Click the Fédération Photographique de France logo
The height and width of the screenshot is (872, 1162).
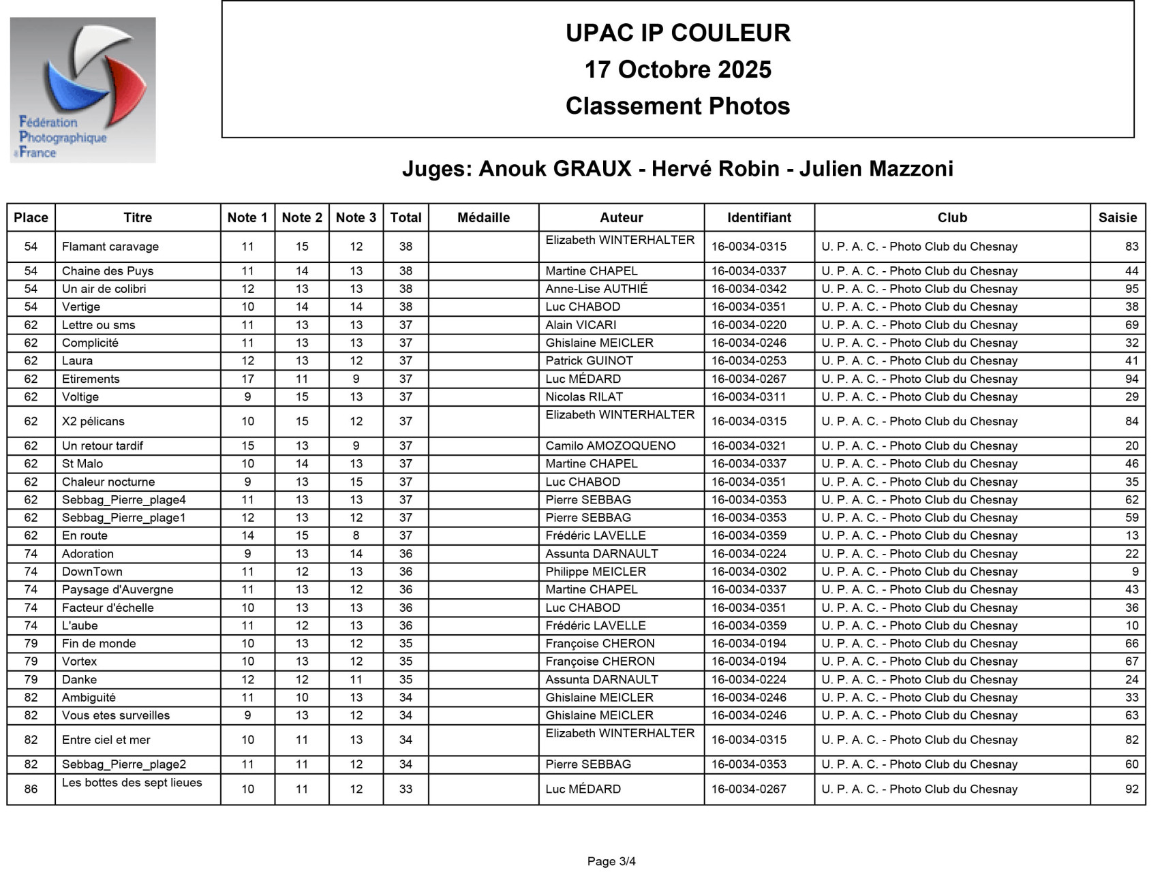coord(82,90)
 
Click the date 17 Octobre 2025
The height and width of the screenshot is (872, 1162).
coord(677,69)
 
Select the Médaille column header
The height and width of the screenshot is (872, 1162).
coord(483,217)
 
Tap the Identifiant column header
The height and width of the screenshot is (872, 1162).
coord(759,217)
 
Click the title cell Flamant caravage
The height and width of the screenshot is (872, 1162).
coord(110,247)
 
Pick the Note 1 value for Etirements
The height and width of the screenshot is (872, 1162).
coord(247,379)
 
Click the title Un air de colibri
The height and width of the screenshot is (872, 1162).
coord(104,289)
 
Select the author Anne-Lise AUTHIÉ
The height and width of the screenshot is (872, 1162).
coord(596,289)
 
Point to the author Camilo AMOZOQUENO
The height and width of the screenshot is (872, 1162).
coord(610,446)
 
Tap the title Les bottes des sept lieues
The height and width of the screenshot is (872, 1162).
coord(132,783)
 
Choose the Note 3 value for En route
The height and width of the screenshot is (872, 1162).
coord(356,535)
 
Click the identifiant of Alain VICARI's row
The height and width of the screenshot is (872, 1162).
coord(748,325)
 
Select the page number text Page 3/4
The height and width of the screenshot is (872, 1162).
coord(611,861)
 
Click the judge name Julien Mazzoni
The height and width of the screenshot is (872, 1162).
coord(876,168)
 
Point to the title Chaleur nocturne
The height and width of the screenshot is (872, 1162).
coord(108,482)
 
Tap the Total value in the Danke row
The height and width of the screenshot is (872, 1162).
coord(406,679)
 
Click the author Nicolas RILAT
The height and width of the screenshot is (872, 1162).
coord(584,396)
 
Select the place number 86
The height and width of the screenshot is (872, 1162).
coord(31,789)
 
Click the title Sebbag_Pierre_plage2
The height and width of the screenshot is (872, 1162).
coord(124,764)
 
